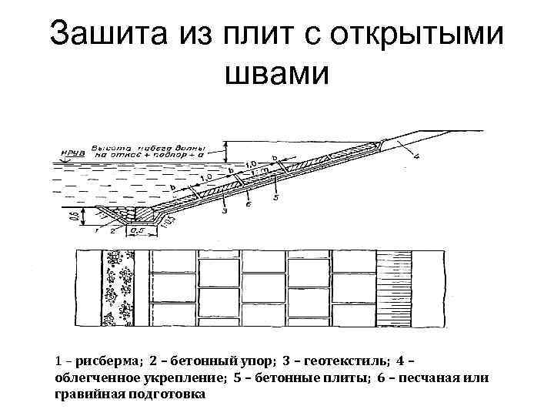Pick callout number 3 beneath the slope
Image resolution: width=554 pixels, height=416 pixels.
point(224,210)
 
